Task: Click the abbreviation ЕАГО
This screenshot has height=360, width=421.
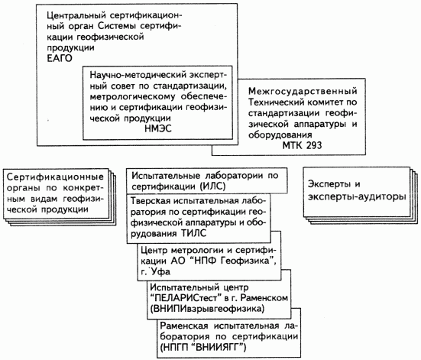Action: (x=60, y=59)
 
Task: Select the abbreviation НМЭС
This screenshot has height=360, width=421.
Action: (x=158, y=128)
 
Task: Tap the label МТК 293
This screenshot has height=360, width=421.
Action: (x=302, y=145)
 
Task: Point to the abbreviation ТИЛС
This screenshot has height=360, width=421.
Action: (x=193, y=233)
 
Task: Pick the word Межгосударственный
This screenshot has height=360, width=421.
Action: (x=303, y=92)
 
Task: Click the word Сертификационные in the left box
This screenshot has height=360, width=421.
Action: (x=55, y=177)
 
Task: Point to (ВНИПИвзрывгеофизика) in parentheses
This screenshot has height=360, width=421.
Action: (x=207, y=309)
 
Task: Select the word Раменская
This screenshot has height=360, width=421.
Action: (x=184, y=326)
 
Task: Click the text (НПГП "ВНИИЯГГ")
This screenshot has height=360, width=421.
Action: (x=203, y=348)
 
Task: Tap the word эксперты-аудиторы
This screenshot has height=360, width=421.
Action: (x=357, y=197)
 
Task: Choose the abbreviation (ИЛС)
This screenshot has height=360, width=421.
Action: (x=212, y=186)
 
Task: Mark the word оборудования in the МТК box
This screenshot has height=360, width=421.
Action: (x=280, y=135)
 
